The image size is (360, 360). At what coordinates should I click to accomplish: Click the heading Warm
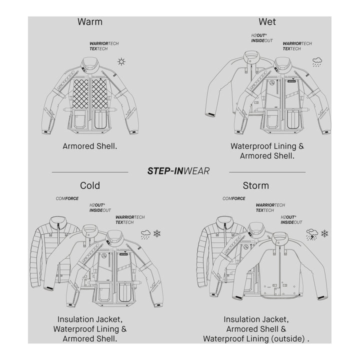point(90,21)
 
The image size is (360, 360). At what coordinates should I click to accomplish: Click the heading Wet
point(267,21)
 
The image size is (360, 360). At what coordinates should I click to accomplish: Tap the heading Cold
point(90,185)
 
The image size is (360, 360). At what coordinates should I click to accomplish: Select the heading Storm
point(255,185)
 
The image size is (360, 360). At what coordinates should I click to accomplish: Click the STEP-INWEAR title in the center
point(178,171)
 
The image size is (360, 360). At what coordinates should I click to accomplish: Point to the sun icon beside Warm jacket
point(120,62)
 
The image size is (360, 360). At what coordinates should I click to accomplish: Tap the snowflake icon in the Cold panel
point(157,233)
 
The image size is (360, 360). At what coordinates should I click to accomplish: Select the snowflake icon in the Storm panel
point(324,233)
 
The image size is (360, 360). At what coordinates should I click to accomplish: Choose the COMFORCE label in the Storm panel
point(233,198)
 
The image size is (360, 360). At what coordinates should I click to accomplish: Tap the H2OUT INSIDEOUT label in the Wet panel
point(262,38)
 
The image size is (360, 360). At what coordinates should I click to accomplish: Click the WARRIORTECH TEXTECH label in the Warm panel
point(104,46)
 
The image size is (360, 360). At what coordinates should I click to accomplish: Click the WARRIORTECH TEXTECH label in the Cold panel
point(130,219)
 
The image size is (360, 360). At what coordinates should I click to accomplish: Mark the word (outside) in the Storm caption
point(283,338)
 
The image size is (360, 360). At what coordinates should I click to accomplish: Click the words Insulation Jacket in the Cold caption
point(90,319)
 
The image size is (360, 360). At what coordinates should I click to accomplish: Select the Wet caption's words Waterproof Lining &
point(267,146)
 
